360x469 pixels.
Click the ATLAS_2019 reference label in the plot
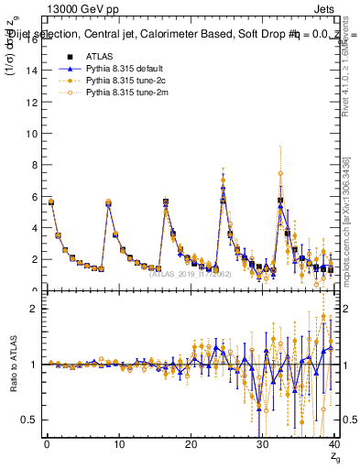[183, 273]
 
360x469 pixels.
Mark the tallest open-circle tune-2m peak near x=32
[280, 173]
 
